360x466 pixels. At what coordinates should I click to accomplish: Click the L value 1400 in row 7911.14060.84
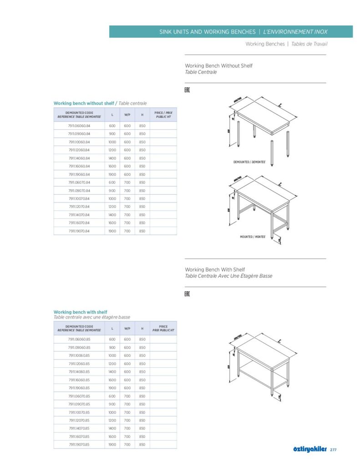(x=112, y=158)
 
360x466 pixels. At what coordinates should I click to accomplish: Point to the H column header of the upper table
(x=142, y=114)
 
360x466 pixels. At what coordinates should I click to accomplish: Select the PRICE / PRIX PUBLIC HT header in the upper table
(x=163, y=114)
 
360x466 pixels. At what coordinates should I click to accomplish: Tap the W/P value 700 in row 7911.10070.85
(x=127, y=412)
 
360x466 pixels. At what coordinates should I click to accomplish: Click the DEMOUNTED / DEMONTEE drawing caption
(x=249, y=162)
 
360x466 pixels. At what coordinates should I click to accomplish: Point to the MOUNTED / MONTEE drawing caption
(x=253, y=237)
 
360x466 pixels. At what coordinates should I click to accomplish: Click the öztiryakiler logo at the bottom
(x=310, y=450)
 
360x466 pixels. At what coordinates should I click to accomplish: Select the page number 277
(x=333, y=450)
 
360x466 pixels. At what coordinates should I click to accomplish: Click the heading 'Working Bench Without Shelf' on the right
(x=218, y=66)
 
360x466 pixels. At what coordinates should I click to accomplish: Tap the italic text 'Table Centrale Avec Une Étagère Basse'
(x=228, y=276)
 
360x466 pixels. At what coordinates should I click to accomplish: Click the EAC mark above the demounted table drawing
(x=187, y=90)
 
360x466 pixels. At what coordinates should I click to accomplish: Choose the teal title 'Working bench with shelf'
(x=80, y=312)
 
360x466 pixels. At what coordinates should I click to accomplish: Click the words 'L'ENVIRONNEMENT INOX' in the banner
(x=295, y=32)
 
